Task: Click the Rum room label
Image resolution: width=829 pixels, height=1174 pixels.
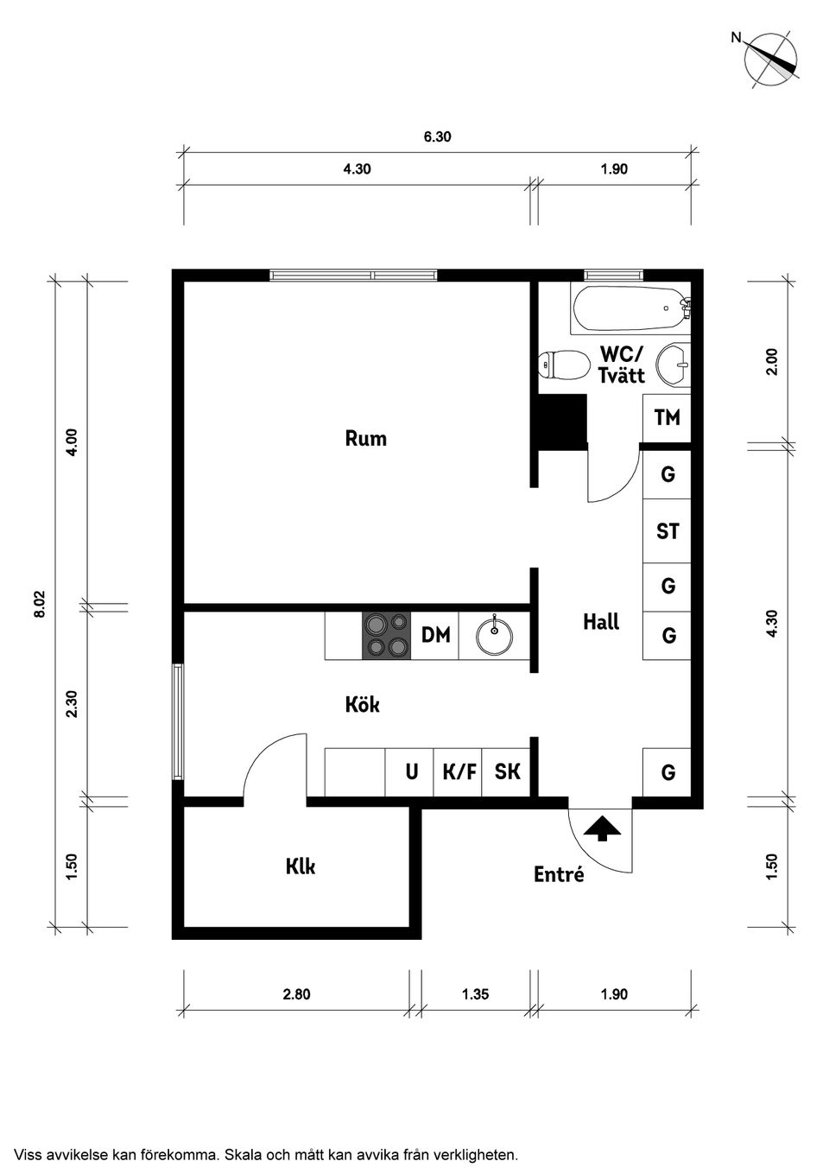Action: point(366,438)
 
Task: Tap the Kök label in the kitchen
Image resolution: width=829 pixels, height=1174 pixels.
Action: point(362,704)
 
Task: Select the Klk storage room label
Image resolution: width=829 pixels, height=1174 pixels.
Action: point(301,866)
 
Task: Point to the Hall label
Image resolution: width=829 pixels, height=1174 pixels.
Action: point(601,622)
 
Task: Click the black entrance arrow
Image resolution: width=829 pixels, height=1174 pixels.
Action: point(602,828)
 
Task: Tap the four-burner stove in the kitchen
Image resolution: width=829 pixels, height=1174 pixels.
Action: point(386,635)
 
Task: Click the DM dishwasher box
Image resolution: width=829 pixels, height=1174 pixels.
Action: point(435,635)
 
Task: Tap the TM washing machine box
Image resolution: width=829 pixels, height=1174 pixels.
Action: point(667,418)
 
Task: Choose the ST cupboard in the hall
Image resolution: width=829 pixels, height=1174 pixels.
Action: point(667,531)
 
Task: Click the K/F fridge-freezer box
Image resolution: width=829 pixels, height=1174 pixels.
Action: point(459,772)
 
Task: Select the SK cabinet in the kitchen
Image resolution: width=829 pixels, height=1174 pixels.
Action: point(506,772)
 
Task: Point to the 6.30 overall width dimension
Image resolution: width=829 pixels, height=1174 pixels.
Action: point(437,136)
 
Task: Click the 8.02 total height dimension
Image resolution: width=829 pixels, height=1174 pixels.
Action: point(41,605)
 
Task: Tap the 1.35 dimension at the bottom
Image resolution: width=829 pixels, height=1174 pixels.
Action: point(475,993)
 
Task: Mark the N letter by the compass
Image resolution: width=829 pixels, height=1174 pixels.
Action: point(737,37)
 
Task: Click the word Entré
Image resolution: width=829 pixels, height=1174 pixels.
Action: point(559,873)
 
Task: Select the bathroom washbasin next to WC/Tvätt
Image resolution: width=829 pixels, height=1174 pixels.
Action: point(674,365)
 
